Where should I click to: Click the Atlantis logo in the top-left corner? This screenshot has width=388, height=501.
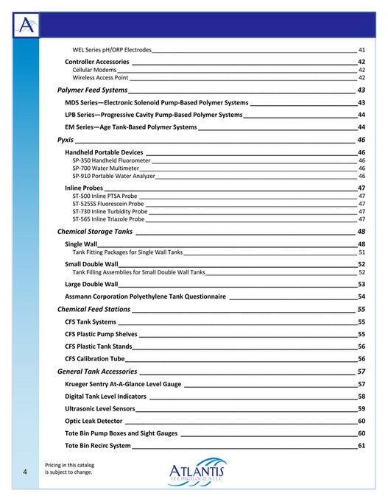tap(26, 27)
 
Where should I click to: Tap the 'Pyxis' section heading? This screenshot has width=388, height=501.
tap(65, 140)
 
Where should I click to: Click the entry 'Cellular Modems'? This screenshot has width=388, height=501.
tap(94, 69)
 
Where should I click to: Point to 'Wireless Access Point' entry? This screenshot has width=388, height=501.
tap(100, 77)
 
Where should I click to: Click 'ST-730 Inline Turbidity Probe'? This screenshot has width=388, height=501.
tap(110, 211)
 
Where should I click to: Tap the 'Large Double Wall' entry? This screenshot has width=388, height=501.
tap(91, 284)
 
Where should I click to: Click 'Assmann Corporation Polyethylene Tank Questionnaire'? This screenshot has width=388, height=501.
tap(145, 297)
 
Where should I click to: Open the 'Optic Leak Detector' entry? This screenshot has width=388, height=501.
tap(94, 421)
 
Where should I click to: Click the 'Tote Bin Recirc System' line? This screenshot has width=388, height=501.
tap(98, 446)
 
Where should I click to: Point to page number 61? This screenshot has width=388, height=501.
tap(361, 446)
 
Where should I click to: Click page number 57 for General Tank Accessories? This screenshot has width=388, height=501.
tap(361, 372)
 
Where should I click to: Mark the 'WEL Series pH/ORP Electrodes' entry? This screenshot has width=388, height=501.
tap(112, 49)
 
